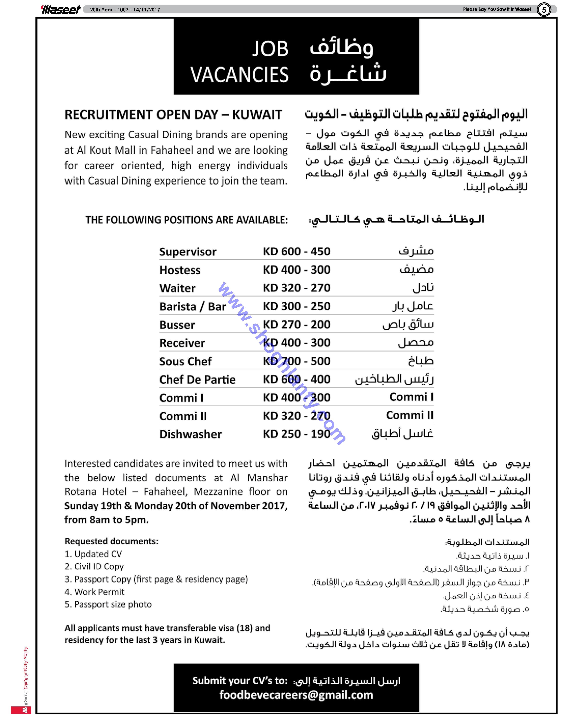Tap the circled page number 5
pos(544,10)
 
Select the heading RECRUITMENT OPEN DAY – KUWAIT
pos(173,115)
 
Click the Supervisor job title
pos(188,252)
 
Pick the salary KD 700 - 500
pos(296,361)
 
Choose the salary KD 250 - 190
pos(296,434)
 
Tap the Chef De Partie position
pos(197,379)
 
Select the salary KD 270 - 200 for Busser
pos(296,324)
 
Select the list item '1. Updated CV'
pos(93,554)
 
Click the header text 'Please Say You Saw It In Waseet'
pos(497,9)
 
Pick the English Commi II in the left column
pos(183,416)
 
